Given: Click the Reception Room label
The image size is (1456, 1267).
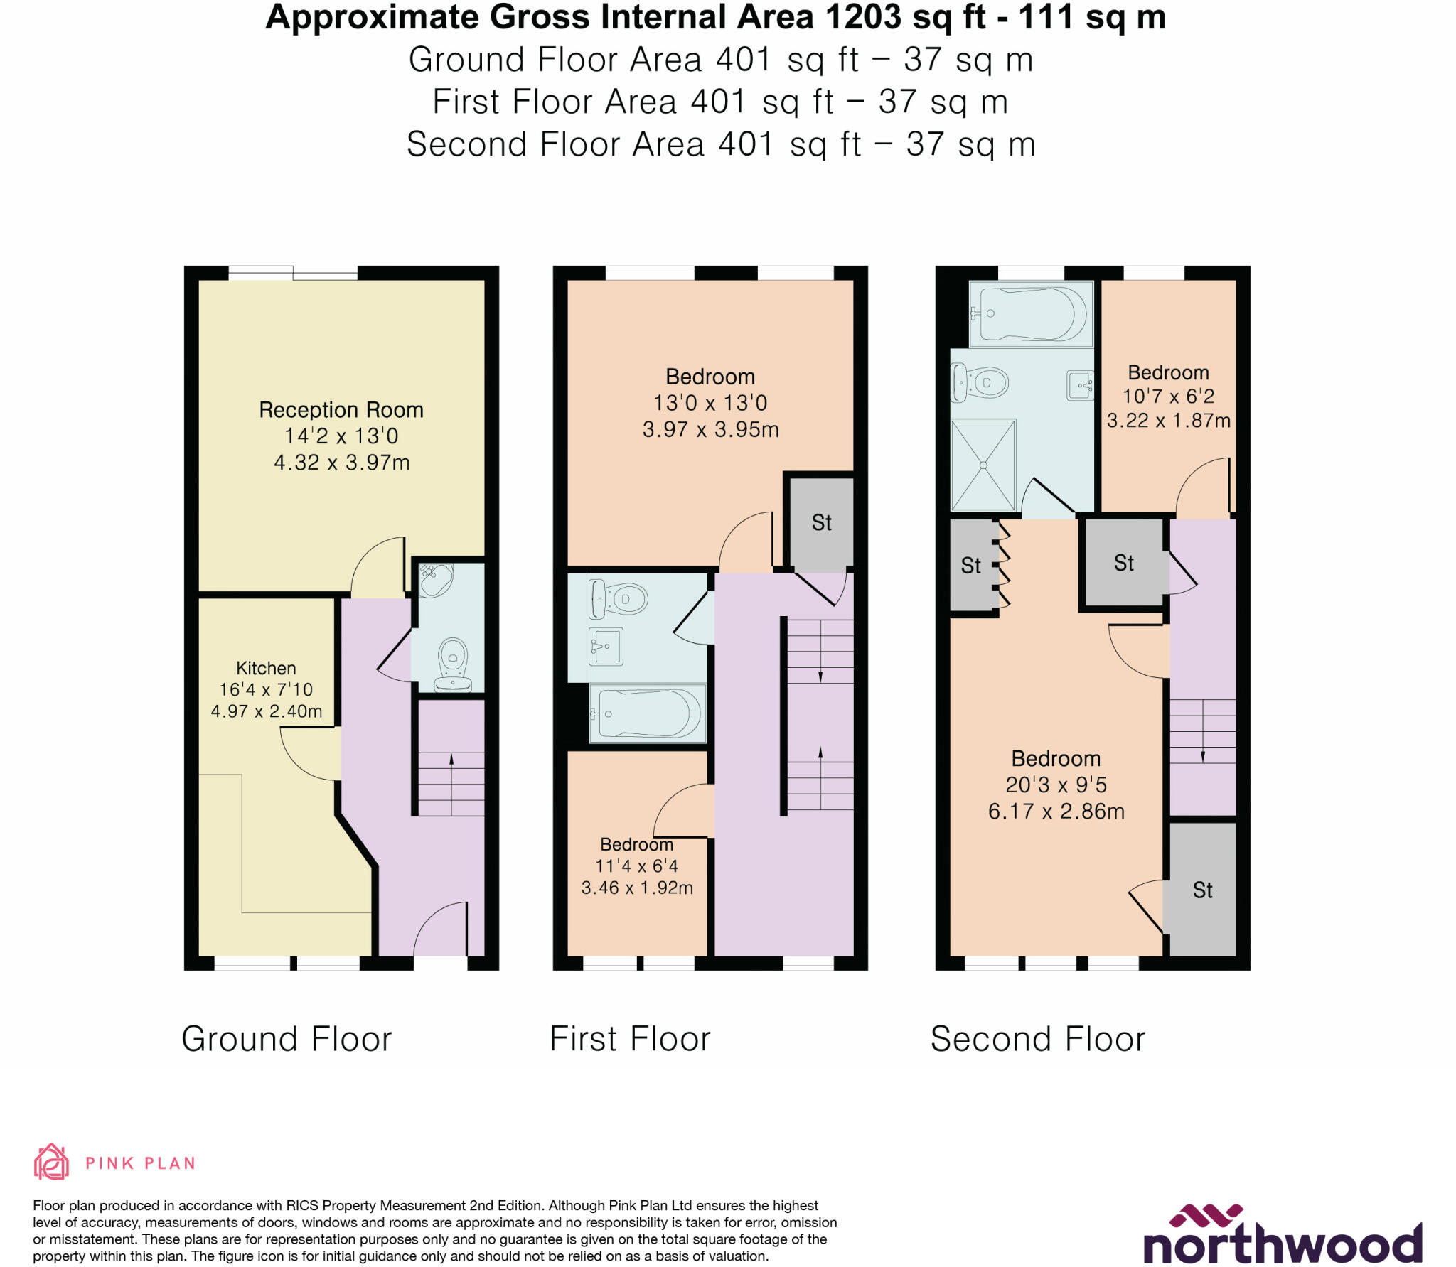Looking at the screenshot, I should [x=341, y=410].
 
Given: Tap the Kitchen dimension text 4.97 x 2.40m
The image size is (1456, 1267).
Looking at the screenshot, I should [x=266, y=711].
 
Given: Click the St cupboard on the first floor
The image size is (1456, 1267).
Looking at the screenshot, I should [x=821, y=523].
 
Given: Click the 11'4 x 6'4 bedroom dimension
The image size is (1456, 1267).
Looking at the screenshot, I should [x=636, y=866].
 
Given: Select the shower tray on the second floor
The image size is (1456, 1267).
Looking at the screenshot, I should [x=983, y=465].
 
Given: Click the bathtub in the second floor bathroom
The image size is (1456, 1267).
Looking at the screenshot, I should [x=1032, y=313].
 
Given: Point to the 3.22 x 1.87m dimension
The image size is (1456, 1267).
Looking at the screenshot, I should [x=1168, y=421].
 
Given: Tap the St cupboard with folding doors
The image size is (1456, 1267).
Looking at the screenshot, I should [x=972, y=566].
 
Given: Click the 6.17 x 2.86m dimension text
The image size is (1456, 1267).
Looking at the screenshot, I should [x=1056, y=812].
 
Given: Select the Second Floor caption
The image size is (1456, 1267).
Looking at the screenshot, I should [x=1037, y=1039].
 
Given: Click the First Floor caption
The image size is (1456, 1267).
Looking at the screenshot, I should [x=630, y=1039].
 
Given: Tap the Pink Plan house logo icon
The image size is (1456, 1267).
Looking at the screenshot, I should [x=51, y=1163].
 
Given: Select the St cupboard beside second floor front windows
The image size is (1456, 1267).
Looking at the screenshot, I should [x=1202, y=890].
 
